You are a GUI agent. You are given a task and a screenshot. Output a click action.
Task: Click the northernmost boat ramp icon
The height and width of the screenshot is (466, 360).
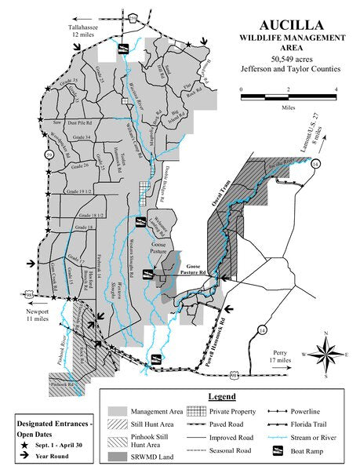124,49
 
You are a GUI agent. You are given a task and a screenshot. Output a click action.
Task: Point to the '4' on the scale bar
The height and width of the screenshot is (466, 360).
336,88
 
